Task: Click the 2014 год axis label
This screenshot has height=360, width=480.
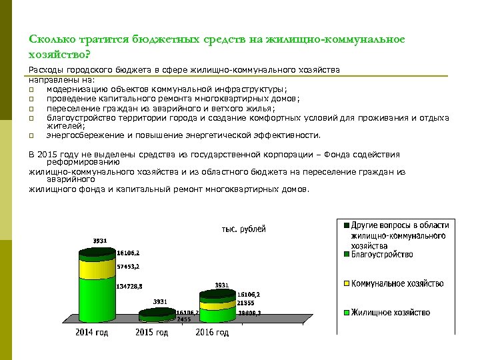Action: (x=93, y=332)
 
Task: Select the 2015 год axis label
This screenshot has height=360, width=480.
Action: (x=151, y=332)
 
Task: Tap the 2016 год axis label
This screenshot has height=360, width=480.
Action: (x=212, y=332)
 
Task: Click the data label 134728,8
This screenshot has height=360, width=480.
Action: (x=129, y=287)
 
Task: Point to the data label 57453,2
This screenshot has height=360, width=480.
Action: (x=128, y=266)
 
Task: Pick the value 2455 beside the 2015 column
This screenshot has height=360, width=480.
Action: (x=184, y=319)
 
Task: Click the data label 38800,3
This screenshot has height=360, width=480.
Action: (x=249, y=312)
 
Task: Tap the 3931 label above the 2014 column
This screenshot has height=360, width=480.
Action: (x=99, y=241)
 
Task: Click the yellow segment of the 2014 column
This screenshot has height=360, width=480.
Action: (x=97, y=269)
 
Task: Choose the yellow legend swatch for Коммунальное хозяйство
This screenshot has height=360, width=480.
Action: (x=347, y=284)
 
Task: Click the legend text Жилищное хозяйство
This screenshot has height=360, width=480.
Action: (x=391, y=312)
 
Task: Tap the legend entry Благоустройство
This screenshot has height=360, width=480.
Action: (x=382, y=254)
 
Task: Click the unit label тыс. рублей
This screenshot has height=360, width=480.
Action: (x=243, y=229)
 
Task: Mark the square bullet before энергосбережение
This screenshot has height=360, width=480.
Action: (x=31, y=135)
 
